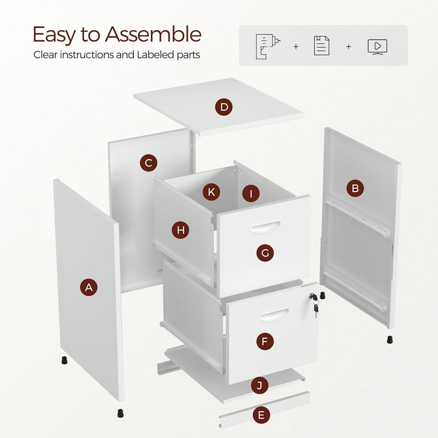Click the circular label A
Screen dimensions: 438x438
coord(89,287)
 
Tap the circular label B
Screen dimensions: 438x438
coord(355,188)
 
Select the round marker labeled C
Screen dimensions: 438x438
coord(149,163)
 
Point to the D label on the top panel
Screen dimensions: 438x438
coord(224,107)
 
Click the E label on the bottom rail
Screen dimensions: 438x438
coord(262,415)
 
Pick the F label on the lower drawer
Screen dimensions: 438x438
coord(265,341)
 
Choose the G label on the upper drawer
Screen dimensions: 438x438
coord(265,253)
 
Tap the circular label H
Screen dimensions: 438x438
coord(180,230)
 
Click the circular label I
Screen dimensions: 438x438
coord(251,193)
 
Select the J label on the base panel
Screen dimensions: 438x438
coord(260,385)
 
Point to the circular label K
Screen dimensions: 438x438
coord(211,192)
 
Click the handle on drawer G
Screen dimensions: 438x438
coord(266,227)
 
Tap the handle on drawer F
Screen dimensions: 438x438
coord(274,315)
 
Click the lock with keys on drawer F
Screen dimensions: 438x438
coord(314,304)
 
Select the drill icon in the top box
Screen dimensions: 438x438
coord(268,47)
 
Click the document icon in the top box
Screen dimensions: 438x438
coord(322,46)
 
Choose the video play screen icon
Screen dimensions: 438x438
coord(377,47)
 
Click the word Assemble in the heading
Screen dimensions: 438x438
coord(153,34)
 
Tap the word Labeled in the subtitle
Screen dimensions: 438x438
coord(155,54)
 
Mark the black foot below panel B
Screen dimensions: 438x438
coord(390,339)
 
